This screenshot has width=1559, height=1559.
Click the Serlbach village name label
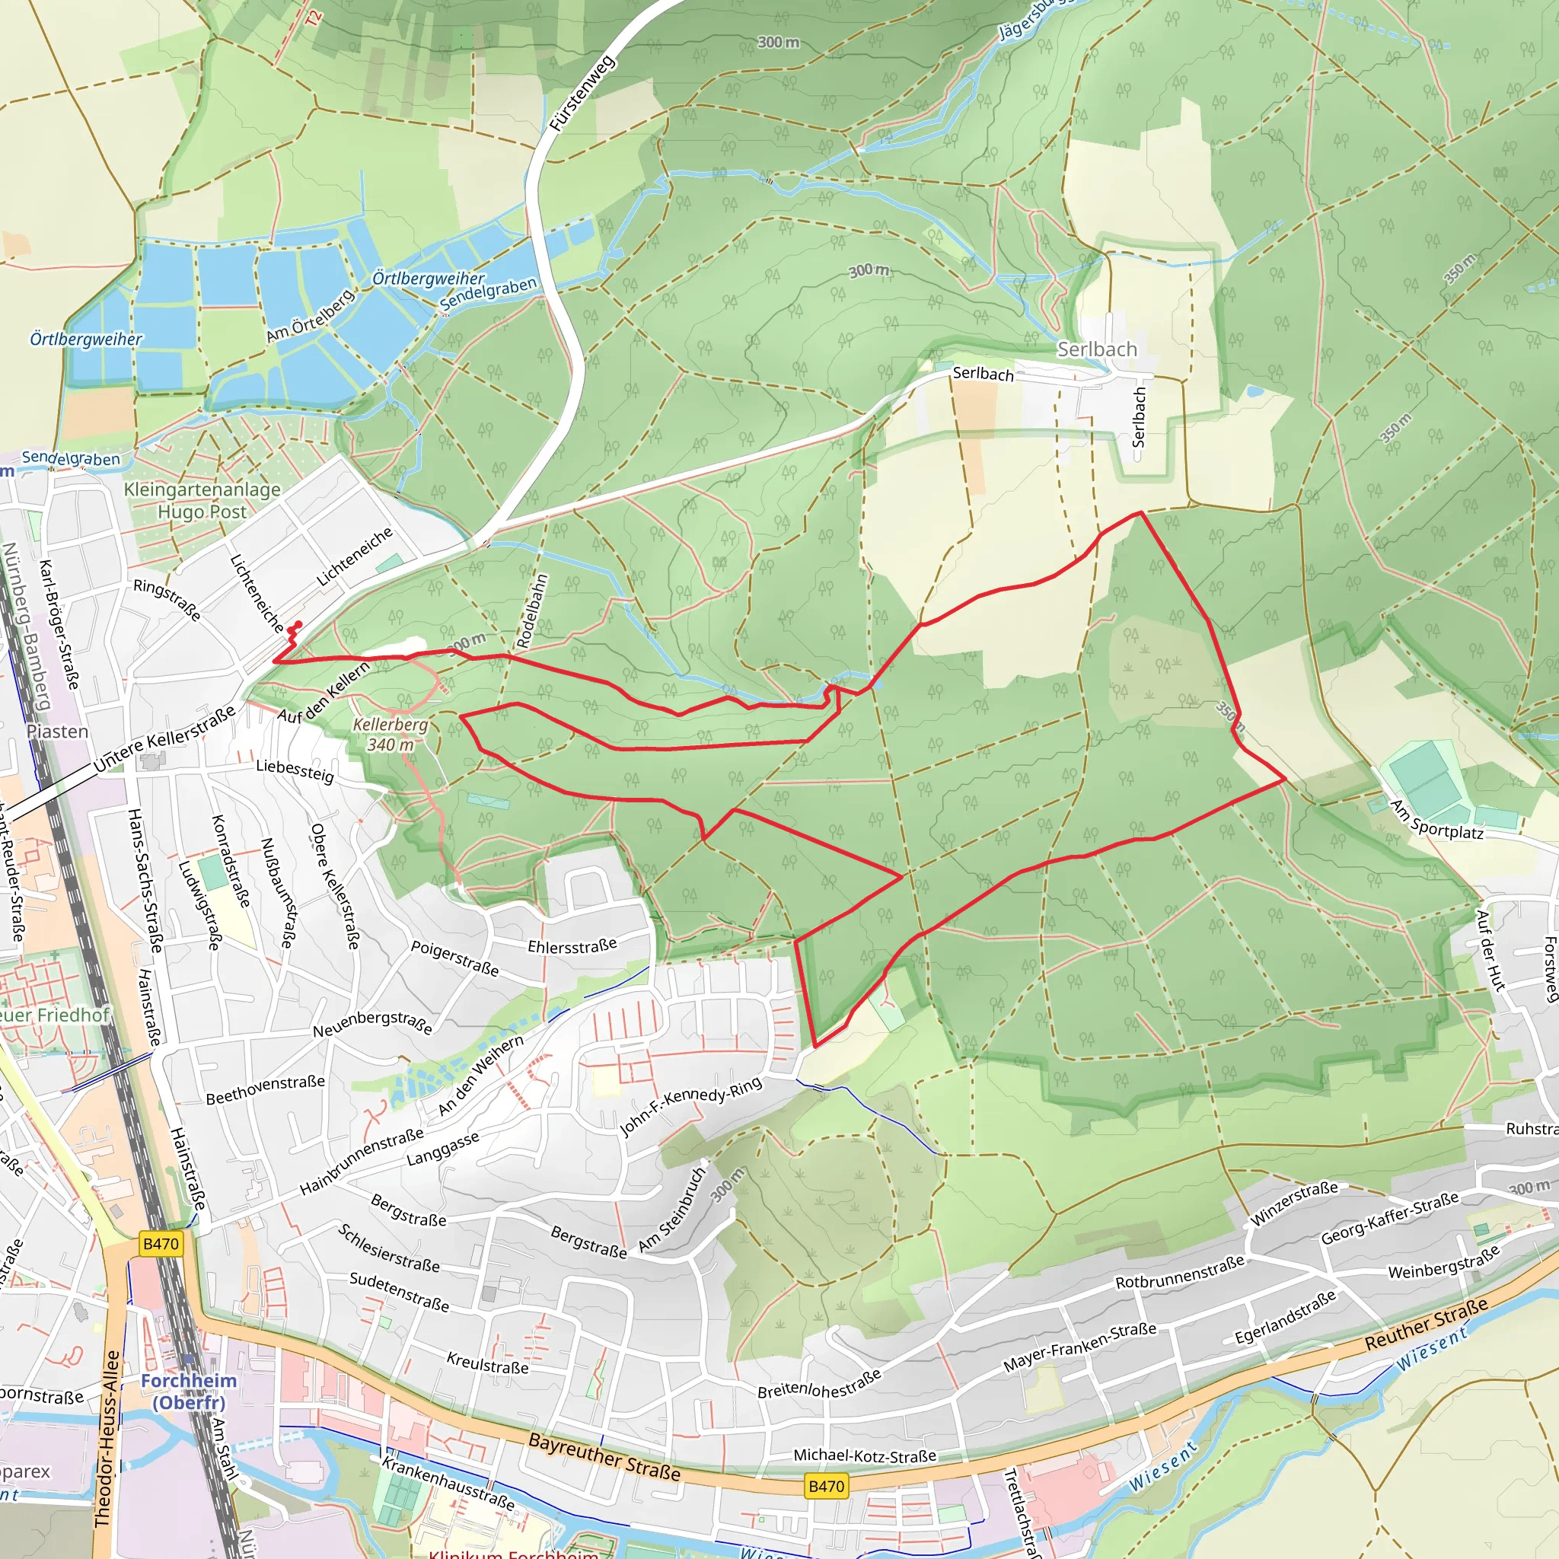coord(1096,349)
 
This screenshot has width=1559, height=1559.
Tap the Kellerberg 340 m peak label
coord(391,735)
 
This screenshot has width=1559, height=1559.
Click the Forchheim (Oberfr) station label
coord(189,1392)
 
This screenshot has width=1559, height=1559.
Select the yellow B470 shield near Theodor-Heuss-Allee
coord(161,1244)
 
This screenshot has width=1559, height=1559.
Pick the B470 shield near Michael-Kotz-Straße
coord(825,1486)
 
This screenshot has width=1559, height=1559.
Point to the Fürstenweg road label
coord(582,94)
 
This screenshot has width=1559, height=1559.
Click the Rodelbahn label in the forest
coord(533,610)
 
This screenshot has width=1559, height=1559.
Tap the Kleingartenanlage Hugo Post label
coord(202,500)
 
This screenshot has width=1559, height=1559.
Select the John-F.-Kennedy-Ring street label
coord(690,1106)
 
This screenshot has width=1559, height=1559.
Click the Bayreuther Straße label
coord(604,1457)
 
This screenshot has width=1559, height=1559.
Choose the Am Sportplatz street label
coord(1436,820)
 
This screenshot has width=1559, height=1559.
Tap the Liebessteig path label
coord(295,770)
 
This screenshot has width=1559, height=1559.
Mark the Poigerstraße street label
coord(454,958)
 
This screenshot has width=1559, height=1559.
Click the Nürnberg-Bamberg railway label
coord(26,626)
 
